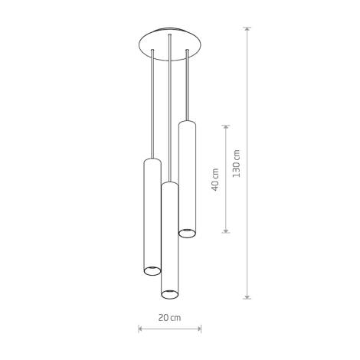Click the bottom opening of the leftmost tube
coord(152,269)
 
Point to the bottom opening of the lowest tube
coord(169,292)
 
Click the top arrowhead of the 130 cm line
coord(247,30)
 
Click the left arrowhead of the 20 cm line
coord(140,329)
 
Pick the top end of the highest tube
coord(187,121)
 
